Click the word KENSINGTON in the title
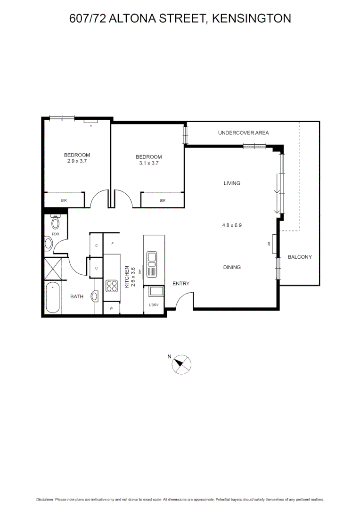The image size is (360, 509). pyautogui.click(x=251, y=18)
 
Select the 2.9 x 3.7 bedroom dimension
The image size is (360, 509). pyautogui.click(x=77, y=161)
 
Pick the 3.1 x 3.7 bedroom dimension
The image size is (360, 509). pyautogui.click(x=148, y=163)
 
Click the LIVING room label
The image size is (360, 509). pyautogui.click(x=232, y=183)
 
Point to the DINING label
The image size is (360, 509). pyautogui.click(x=232, y=267)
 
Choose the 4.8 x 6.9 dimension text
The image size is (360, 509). pyautogui.click(x=232, y=225)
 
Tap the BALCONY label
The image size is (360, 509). pyautogui.click(x=300, y=257)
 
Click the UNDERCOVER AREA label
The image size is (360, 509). pyautogui.click(x=243, y=133)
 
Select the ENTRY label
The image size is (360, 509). pyautogui.click(x=181, y=283)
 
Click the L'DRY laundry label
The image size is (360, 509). pyautogui.click(x=153, y=305)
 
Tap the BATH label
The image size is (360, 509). pyautogui.click(x=77, y=296)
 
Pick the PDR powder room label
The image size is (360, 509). pyautogui.click(x=55, y=234)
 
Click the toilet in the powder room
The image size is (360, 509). pyautogui.click(x=55, y=222)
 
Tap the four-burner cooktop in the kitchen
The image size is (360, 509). pyautogui.click(x=112, y=286)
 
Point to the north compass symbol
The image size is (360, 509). pyautogui.click(x=181, y=364)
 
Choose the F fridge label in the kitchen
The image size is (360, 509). pyautogui.click(x=112, y=244)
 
